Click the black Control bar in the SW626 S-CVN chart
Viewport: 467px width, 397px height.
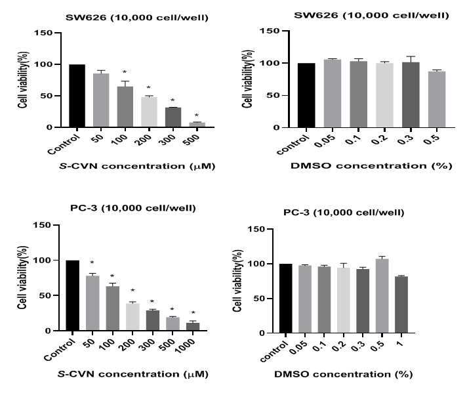pos(77,96)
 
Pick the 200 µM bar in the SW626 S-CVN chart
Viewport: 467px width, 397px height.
pos(150,112)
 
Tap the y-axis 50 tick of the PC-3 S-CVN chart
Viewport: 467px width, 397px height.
pos(45,295)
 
